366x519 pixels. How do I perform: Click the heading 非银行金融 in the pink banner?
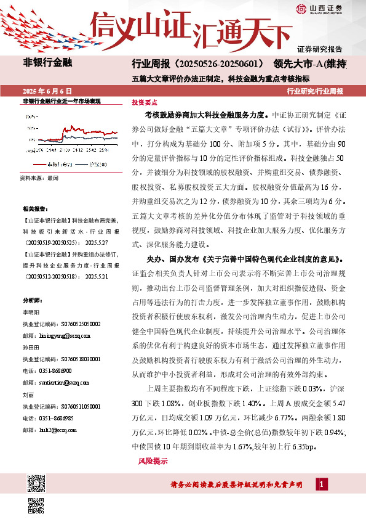pos(48,63)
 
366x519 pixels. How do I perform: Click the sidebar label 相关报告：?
pos(33,210)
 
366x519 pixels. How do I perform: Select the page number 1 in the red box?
pos(322,485)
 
